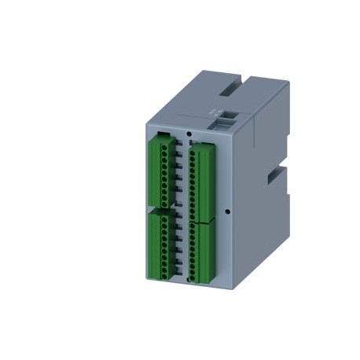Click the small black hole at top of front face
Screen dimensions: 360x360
coord(188,134)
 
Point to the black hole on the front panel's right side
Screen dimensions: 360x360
coord(226,211)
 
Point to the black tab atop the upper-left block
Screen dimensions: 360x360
coord(162,135)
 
